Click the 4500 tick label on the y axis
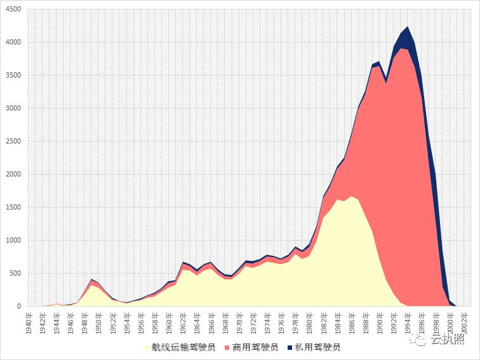point(12,9)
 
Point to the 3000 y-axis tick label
point(12,108)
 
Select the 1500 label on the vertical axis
point(12,207)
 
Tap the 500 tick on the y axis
point(15,273)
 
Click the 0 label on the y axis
point(19,306)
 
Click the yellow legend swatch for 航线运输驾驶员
point(147,347)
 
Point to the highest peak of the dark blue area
point(408,27)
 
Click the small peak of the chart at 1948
point(91,279)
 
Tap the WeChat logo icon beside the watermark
point(420,342)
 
